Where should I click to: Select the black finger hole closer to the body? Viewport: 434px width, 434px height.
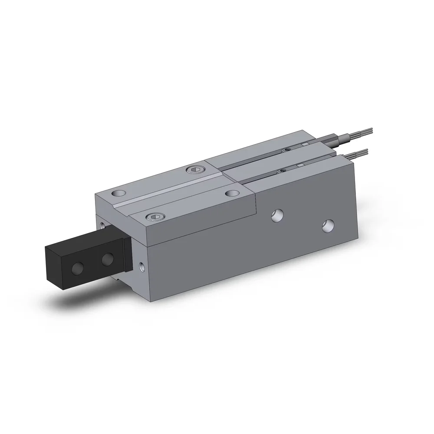coord(107,260)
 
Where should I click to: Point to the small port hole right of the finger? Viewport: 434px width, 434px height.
coord(142,265)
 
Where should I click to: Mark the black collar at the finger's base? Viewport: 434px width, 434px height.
coord(127,252)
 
